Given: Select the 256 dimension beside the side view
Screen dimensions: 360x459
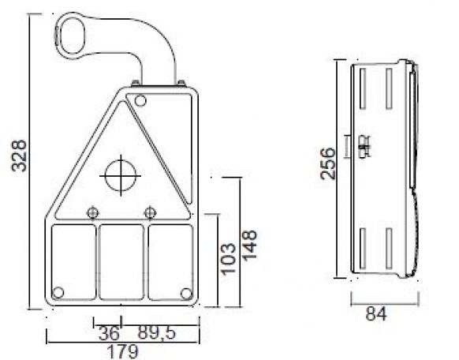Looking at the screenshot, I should click(x=330, y=163).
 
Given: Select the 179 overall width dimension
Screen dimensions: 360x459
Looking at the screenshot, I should click(x=122, y=350).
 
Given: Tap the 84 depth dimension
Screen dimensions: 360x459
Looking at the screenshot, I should click(x=376, y=315).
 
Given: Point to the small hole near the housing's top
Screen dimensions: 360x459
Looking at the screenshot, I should click(x=140, y=100).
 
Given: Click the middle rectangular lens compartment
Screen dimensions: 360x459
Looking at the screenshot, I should click(x=121, y=261).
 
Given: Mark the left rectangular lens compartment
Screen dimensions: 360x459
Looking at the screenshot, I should click(x=73, y=261).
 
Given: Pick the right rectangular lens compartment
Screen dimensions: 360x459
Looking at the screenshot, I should click(x=170, y=261).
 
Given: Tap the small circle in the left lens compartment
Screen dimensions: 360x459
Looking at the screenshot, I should click(x=58, y=290).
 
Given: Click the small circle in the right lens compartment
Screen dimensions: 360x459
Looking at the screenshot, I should click(x=185, y=293).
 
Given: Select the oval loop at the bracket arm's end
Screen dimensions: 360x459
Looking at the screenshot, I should click(x=72, y=34).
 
